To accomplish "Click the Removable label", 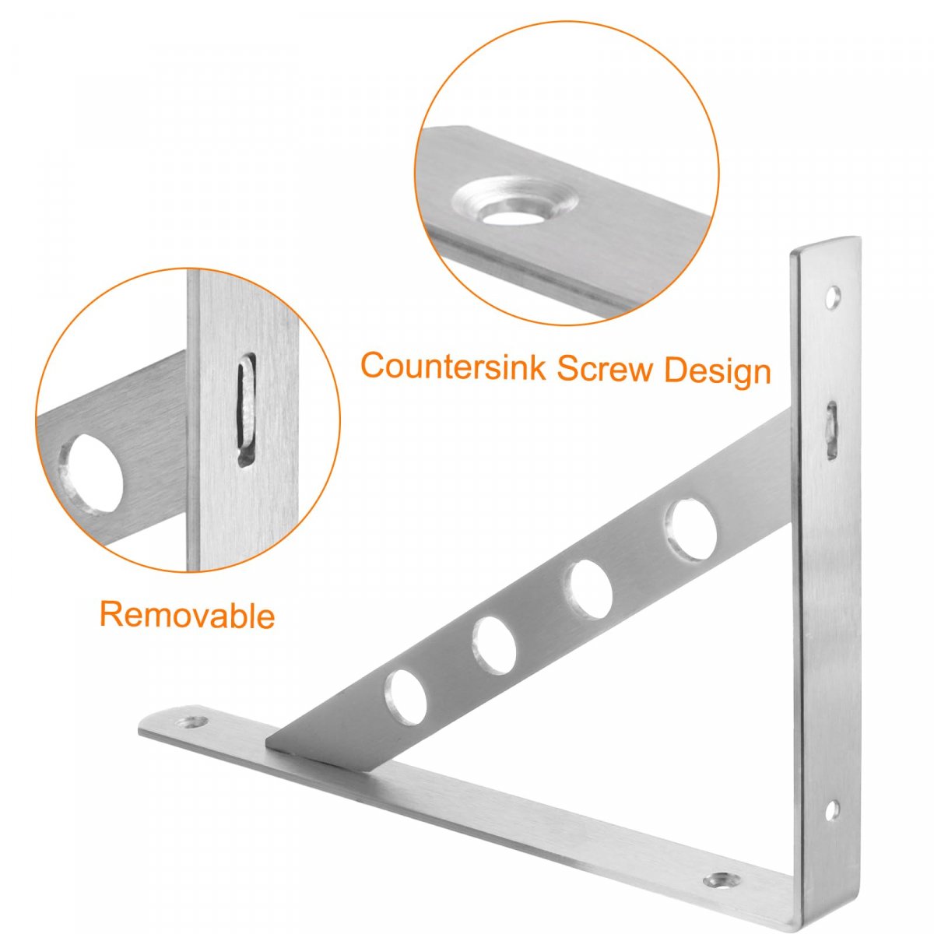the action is [187, 614].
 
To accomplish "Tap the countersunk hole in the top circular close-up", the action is [514, 202].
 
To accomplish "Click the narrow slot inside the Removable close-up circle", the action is [246, 409].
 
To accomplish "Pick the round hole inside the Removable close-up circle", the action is [90, 475].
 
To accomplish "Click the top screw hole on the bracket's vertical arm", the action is [833, 297].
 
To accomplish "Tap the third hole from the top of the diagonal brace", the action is [494, 644].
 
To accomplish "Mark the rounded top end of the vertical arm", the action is [824, 244].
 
